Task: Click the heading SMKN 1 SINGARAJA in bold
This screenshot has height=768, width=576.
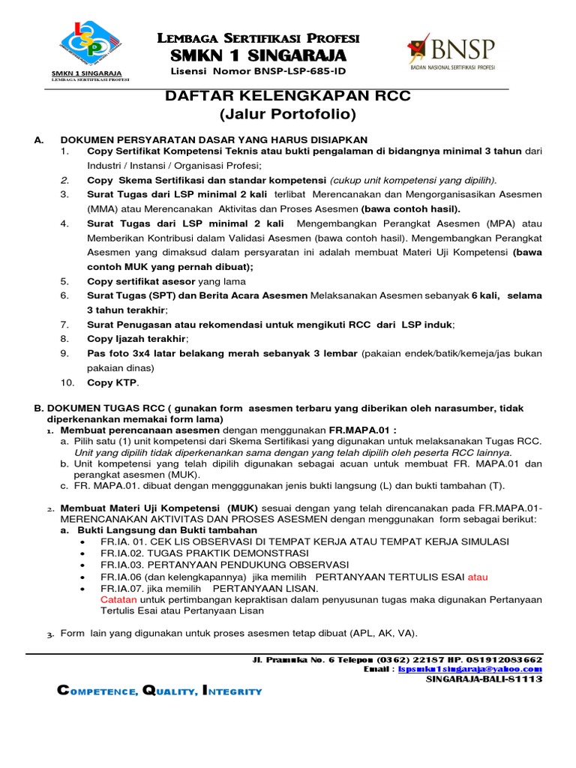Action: [259, 55]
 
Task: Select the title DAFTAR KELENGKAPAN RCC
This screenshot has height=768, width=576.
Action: [288, 97]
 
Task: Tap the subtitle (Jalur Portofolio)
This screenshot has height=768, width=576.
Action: [288, 115]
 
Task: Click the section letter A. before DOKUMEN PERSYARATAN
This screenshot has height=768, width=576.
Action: [40, 139]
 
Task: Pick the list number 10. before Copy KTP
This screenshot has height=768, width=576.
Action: [67, 382]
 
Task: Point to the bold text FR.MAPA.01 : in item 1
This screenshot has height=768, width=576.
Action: [362, 431]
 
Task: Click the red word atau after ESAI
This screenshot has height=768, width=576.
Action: [478, 577]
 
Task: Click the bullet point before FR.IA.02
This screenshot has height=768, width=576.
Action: [81, 553]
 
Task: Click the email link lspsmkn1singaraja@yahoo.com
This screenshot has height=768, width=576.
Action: [470, 669]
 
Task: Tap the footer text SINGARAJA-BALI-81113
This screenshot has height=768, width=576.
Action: [484, 679]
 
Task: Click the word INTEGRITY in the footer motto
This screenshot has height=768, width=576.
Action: [233, 691]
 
